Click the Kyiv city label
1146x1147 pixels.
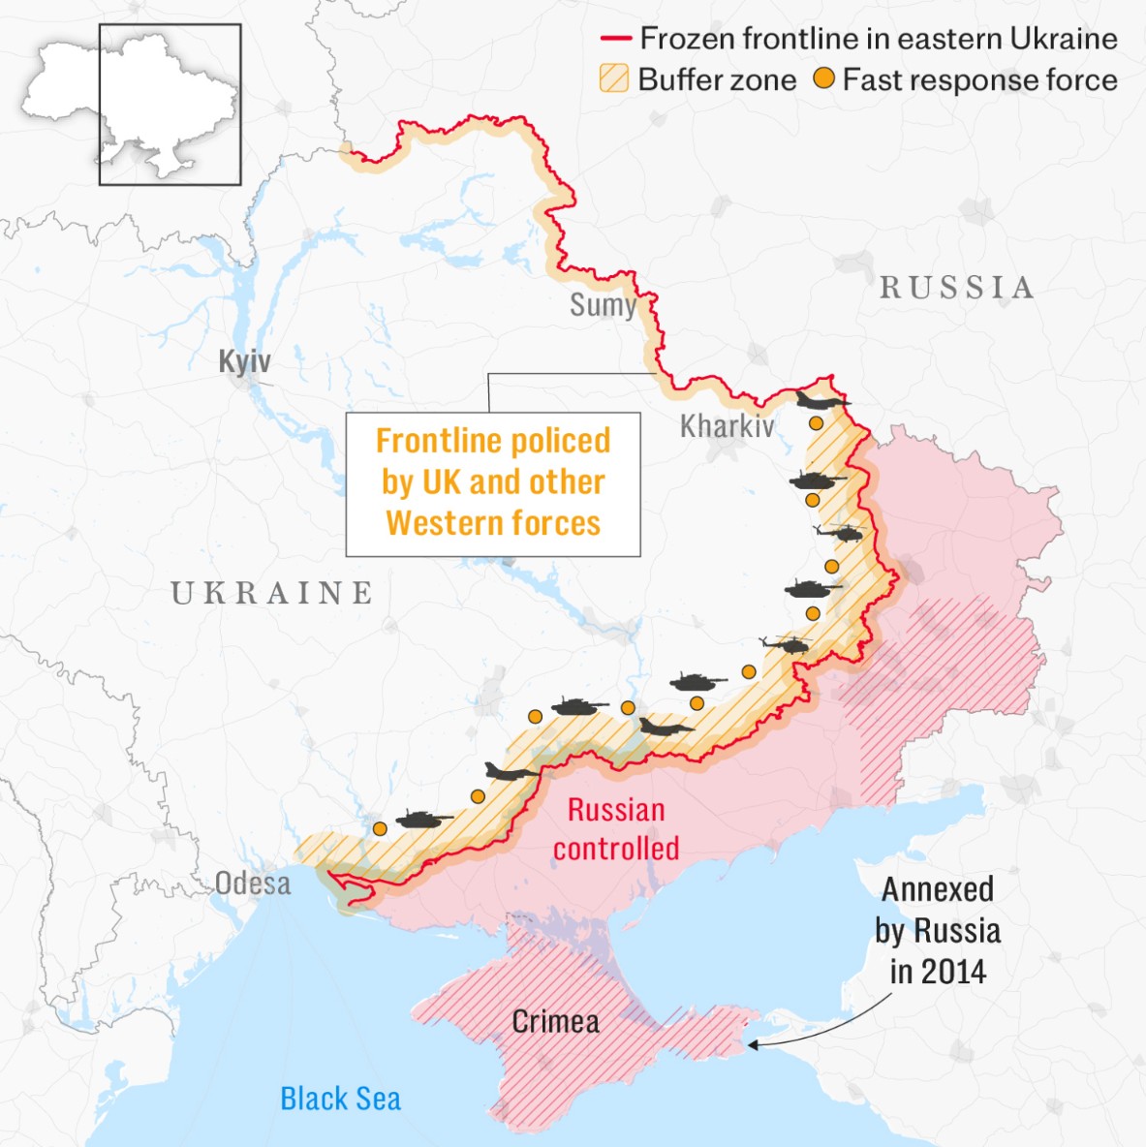click(244, 361)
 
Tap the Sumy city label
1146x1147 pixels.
click(603, 305)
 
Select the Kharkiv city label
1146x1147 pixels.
click(727, 425)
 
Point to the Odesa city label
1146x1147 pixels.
click(253, 883)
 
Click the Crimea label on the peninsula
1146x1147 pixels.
click(555, 1021)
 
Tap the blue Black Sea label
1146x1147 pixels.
click(340, 1099)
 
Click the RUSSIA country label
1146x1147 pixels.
click(956, 288)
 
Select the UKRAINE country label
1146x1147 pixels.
click(272, 593)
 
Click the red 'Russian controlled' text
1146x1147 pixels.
click(616, 829)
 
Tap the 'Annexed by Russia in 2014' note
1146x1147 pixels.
click(938, 930)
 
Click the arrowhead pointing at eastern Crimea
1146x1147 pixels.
click(752, 1044)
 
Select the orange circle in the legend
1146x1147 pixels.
click(823, 78)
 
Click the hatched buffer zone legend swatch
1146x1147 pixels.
click(614, 78)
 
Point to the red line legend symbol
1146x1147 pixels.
click(616, 39)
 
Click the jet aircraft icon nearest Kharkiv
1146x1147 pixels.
click(821, 401)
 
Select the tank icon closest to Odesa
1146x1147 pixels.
click(422, 820)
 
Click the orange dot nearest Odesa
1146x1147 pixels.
click(380, 829)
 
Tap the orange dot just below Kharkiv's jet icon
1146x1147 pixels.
click(817, 423)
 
